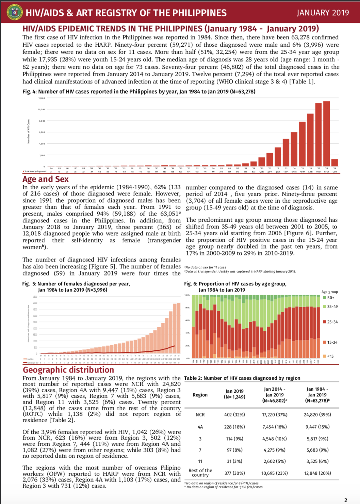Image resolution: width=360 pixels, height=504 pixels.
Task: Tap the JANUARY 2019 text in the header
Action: (323, 13)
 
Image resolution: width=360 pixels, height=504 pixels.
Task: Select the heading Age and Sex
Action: (46, 179)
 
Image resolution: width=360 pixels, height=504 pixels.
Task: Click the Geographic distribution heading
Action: (68, 370)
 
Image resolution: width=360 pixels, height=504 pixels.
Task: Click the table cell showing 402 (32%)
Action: (234, 415)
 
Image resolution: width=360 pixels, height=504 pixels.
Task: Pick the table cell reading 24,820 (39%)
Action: (317, 415)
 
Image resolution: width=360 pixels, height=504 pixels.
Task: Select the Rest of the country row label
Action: (200, 473)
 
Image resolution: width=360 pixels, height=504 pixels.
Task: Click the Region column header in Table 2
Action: (200, 395)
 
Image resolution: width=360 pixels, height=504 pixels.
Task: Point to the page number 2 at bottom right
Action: (346, 500)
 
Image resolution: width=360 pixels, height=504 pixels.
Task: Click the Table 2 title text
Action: (242, 378)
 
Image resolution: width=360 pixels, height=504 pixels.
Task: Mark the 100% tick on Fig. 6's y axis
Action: (187, 295)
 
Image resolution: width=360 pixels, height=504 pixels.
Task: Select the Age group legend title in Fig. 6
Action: (330, 292)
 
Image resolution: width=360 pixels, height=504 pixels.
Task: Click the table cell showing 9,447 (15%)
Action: (317, 427)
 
